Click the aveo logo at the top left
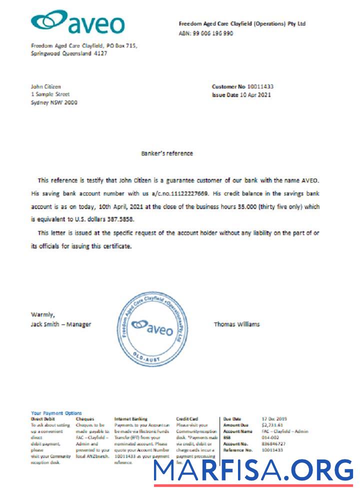click(77, 22)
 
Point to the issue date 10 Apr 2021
click(255, 94)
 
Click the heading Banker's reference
click(167, 153)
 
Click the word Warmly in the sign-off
click(43, 314)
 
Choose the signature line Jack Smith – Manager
click(61, 324)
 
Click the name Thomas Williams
click(237, 324)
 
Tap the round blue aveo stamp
click(152, 328)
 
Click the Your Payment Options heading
click(56, 413)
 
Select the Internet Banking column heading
click(130, 418)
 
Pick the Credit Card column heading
click(187, 418)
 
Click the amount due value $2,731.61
click(272, 425)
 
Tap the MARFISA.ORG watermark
click(253, 471)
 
